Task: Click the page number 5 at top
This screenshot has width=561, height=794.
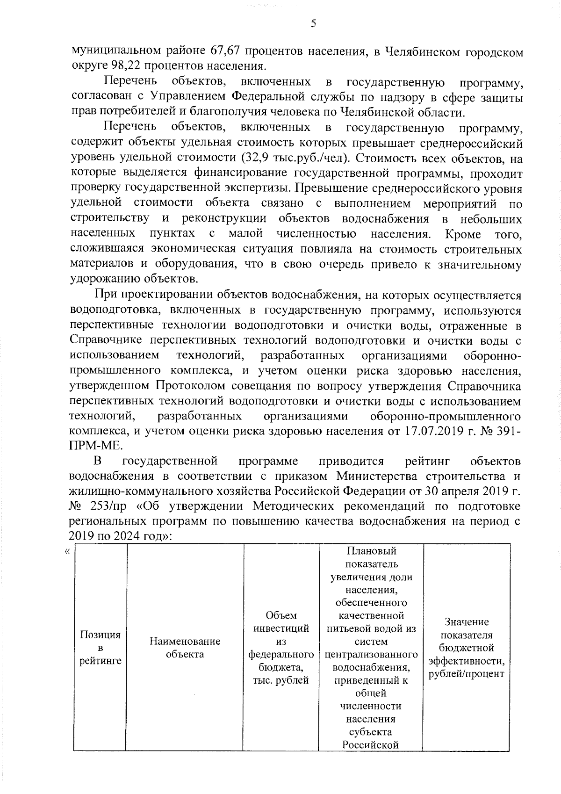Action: pyautogui.click(x=313, y=23)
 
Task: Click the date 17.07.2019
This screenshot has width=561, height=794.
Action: pyautogui.click(x=426, y=431)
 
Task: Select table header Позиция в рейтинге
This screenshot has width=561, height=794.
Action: pyautogui.click(x=100, y=647)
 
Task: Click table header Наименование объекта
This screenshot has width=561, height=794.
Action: pyautogui.click(x=185, y=648)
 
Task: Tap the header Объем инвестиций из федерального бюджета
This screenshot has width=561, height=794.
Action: pyautogui.click(x=281, y=647)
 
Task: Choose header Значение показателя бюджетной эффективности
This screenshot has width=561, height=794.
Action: pyautogui.click(x=466, y=647)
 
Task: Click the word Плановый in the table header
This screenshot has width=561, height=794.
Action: pyautogui.click(x=372, y=551)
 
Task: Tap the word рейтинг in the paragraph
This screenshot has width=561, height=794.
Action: pyautogui.click(x=428, y=461)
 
